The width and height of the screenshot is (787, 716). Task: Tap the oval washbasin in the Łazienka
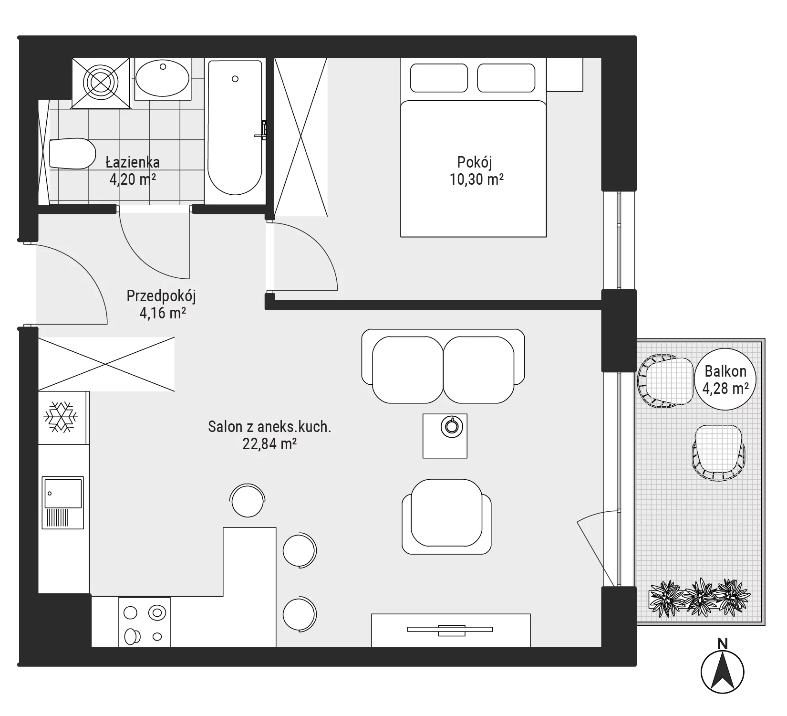(x=163, y=79)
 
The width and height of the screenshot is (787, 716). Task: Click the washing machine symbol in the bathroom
(x=101, y=83)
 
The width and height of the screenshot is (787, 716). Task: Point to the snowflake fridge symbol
(x=61, y=417)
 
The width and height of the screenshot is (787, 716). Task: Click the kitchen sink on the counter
(x=62, y=502)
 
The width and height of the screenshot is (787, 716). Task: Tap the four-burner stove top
(x=145, y=622)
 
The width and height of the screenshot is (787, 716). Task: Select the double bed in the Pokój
(x=473, y=147)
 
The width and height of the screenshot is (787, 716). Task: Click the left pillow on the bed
(x=439, y=78)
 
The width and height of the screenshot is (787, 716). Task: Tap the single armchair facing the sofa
(x=446, y=517)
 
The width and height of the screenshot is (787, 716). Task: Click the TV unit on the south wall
(x=451, y=630)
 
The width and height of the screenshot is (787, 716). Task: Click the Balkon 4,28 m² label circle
(x=725, y=379)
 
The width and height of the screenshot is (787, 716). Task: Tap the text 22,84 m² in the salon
(x=270, y=444)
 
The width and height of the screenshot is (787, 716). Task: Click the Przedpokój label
(x=161, y=296)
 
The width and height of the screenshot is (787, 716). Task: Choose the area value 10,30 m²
(x=476, y=179)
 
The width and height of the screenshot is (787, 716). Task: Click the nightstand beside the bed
(x=565, y=74)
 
